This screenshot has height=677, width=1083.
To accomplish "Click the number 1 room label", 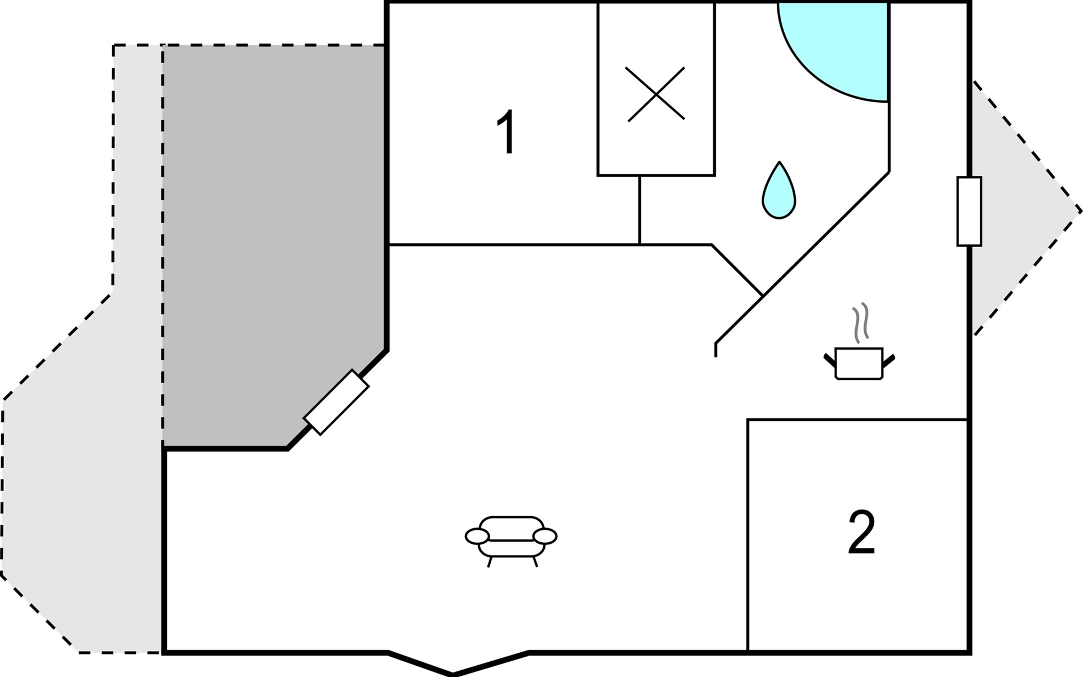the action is pos(507,131).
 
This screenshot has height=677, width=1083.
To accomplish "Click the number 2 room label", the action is pos(861,532).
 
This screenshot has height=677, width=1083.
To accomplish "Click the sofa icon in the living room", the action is pos(511,540).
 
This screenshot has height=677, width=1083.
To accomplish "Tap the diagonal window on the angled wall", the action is pos(336,402).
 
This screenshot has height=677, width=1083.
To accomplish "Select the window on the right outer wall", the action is pos(969,211).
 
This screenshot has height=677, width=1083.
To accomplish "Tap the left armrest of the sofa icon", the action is pos(477,537).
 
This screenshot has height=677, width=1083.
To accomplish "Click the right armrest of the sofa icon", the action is pos(545,537).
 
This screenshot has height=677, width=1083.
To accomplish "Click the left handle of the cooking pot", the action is pos(829,359).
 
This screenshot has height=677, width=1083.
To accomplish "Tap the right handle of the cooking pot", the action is pos(888,359).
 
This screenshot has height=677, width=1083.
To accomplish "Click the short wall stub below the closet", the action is pos(640,210).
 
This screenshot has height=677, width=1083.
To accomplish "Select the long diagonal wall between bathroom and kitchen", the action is pos(802,258).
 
